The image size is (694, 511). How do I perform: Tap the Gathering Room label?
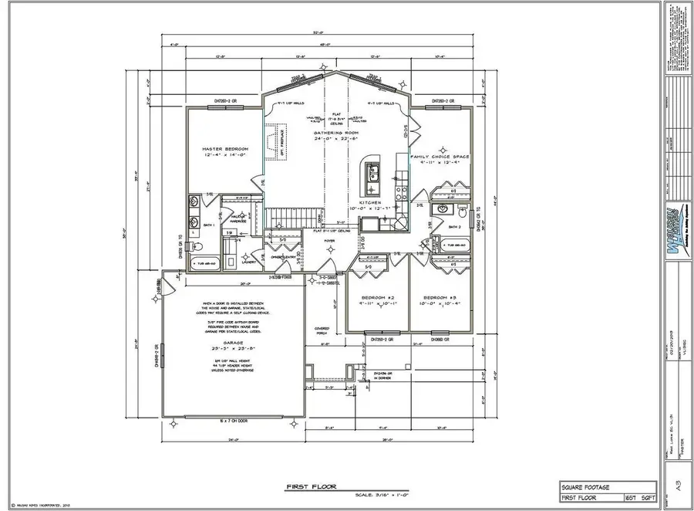(333, 134)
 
